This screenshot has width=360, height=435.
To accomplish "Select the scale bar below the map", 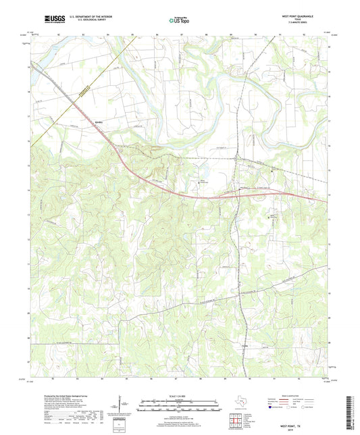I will [x=180, y=407].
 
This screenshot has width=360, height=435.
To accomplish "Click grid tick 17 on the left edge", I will [x=28, y=116].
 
